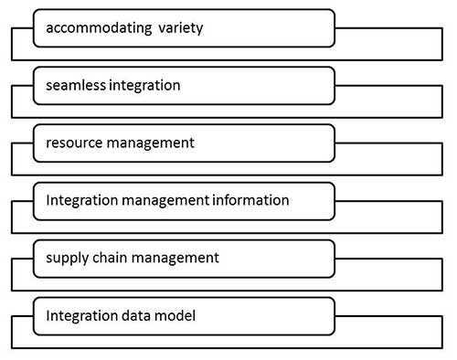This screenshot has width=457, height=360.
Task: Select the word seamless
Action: (74, 86)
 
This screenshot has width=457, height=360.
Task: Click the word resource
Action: (73, 143)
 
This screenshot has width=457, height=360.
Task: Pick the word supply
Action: (66, 258)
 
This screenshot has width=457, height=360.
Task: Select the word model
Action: (174, 315)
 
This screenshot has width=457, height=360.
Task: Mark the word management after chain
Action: (176, 258)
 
